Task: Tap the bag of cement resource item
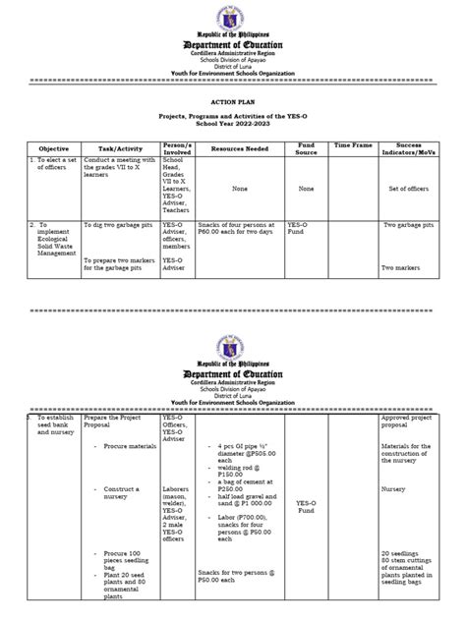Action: [243, 488]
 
